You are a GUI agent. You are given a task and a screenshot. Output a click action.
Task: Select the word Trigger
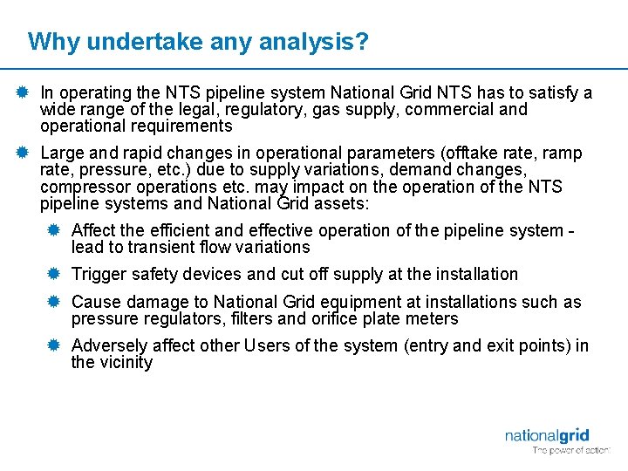coord(97,274)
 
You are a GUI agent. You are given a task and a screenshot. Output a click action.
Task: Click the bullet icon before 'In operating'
coord(23,92)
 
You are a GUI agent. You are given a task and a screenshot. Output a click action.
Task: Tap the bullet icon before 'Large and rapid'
coord(23,154)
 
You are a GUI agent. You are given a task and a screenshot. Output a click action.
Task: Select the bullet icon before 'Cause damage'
coord(53,302)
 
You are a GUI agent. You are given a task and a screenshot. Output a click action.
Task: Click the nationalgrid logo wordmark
coord(547,435)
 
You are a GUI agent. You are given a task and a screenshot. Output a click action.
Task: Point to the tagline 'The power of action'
coord(571,450)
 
